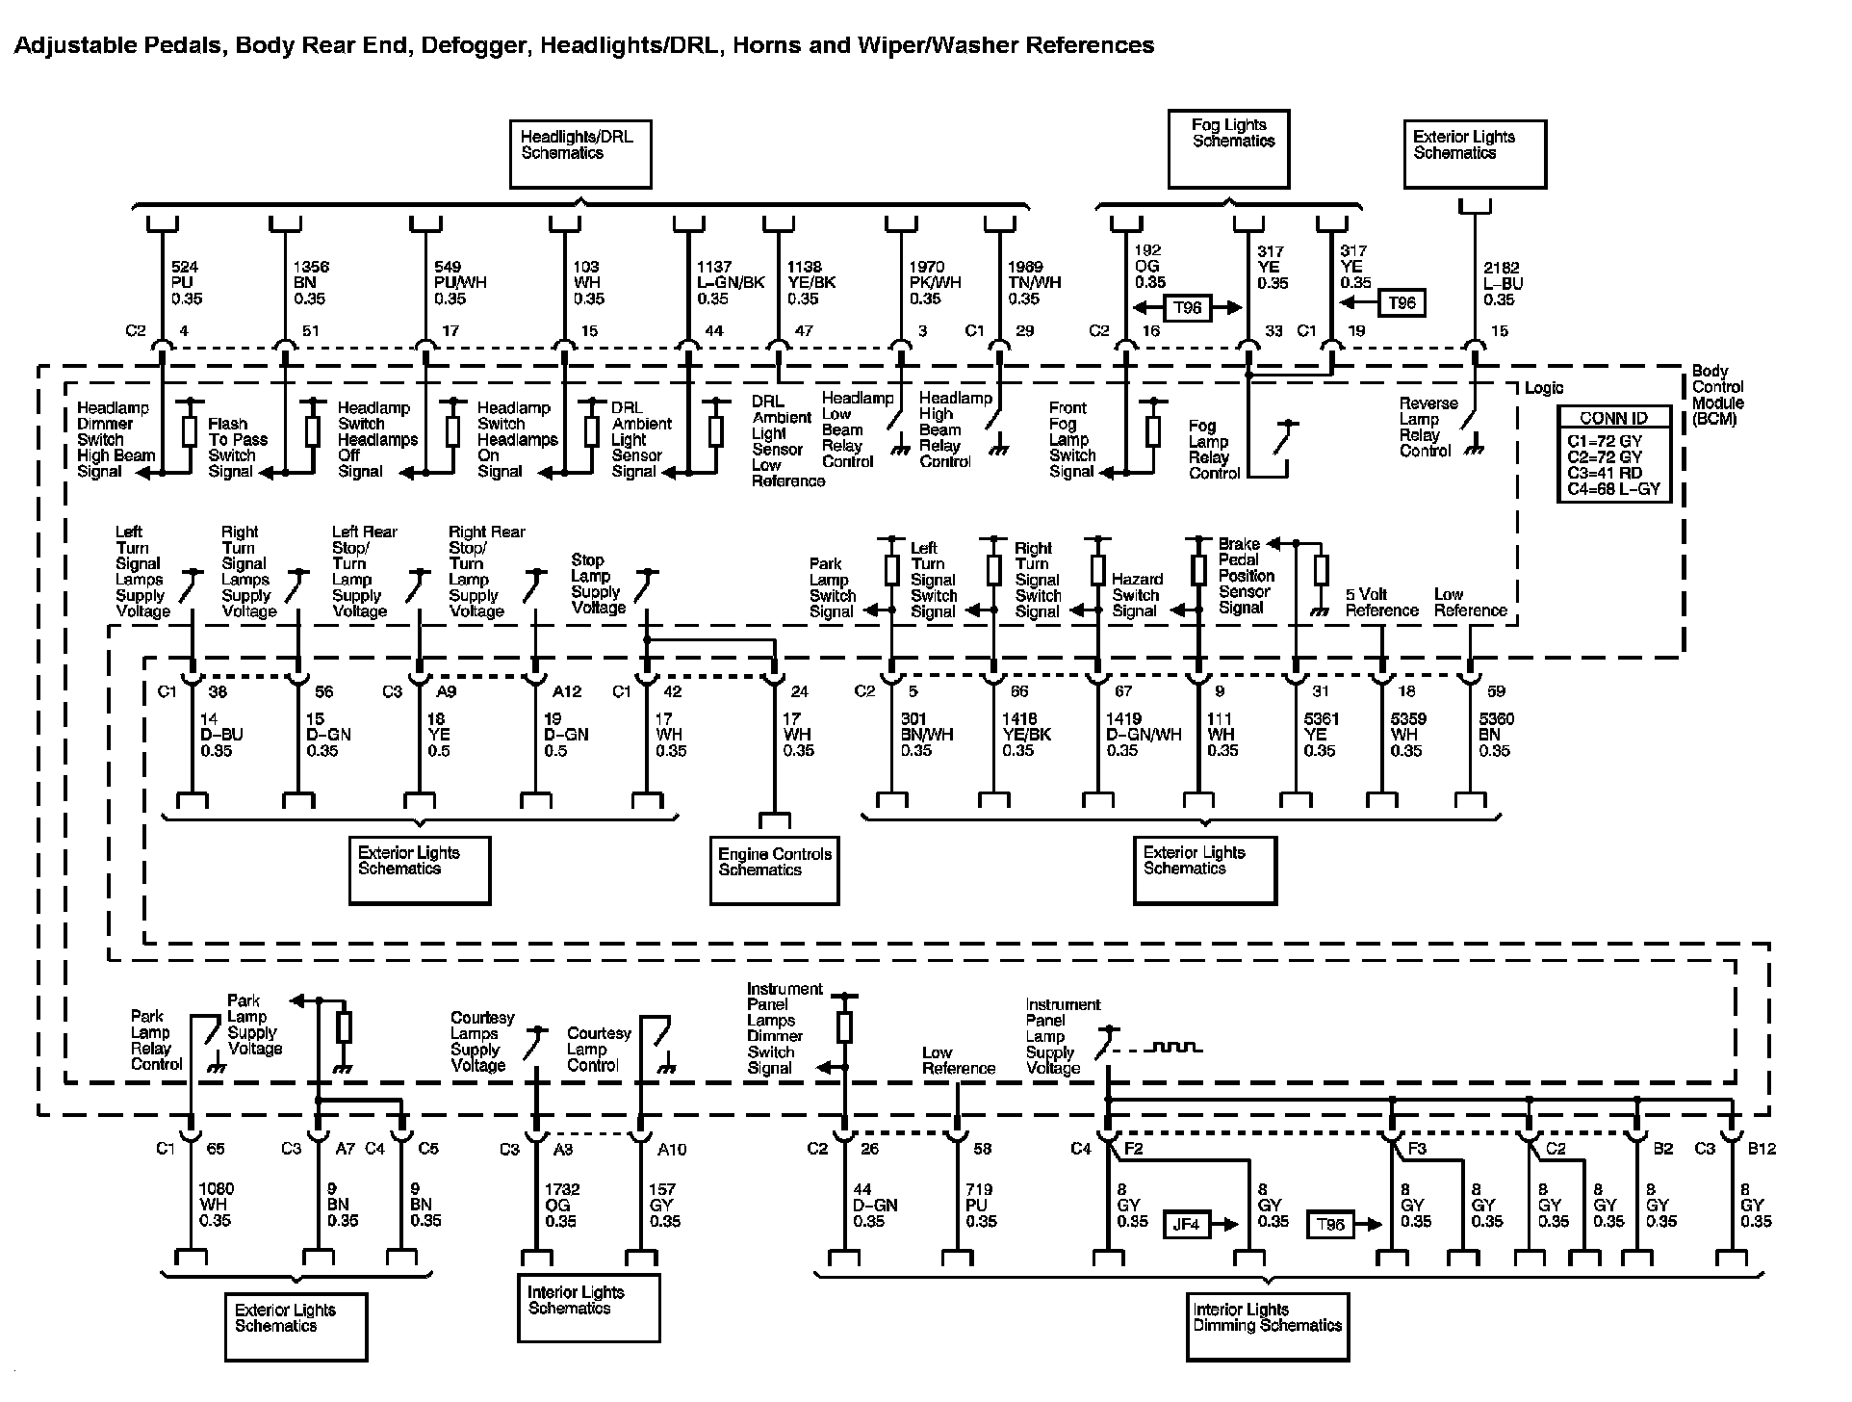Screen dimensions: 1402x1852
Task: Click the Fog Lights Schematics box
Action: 1227,148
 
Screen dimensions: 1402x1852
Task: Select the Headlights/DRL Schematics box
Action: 579,153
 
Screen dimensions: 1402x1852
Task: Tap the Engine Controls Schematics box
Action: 774,871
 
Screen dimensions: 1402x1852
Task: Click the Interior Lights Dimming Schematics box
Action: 1267,1326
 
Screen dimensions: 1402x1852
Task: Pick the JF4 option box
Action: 1186,1225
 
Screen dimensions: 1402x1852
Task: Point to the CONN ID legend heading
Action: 1613,418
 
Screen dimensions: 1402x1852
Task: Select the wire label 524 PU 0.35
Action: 186,283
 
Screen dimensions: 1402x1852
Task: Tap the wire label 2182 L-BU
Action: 1503,283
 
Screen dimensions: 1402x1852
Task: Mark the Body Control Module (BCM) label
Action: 1717,395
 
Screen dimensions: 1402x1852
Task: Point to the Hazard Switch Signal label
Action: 1137,595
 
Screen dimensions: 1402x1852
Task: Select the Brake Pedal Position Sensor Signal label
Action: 1246,576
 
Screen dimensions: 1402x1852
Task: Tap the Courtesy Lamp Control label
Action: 598,1049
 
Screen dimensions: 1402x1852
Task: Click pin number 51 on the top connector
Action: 310,331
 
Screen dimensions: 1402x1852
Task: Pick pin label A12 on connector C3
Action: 566,691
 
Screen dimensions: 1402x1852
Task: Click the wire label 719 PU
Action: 980,1206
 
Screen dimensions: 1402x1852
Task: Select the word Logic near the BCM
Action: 1544,388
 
